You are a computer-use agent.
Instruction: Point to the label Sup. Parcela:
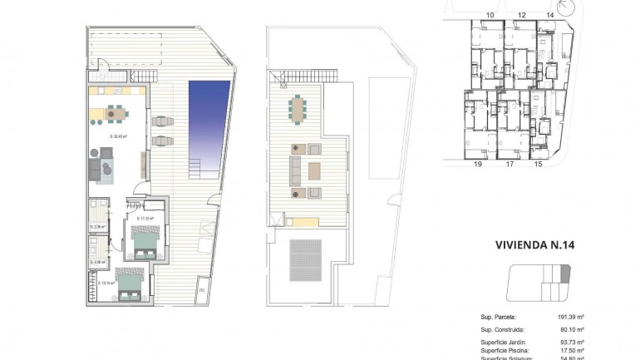pyautogui.click(x=499, y=318)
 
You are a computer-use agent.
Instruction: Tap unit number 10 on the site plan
pyautogui.click(x=490, y=15)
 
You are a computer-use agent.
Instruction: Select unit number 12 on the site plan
pyautogui.click(x=521, y=15)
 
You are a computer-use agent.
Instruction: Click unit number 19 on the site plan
pyautogui.click(x=478, y=165)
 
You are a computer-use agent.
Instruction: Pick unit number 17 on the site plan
pyautogui.click(x=510, y=165)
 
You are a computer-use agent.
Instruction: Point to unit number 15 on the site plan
pyautogui.click(x=538, y=165)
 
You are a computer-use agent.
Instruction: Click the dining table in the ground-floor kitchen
pyautogui.click(x=115, y=113)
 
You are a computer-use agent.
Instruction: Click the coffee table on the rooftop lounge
pyautogui.click(x=314, y=171)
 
